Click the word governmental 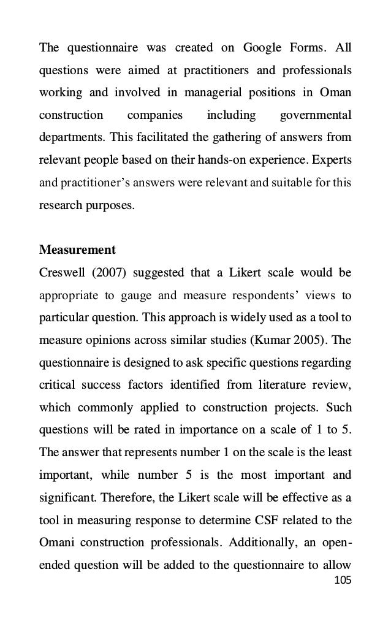point(315,115)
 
